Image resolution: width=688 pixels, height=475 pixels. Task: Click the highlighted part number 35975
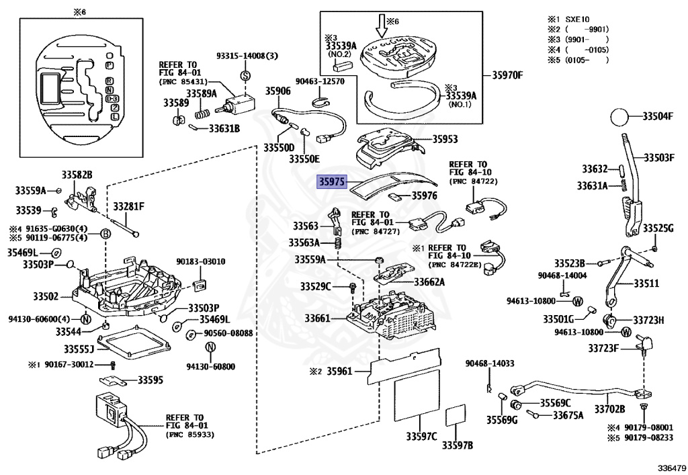[x=331, y=181]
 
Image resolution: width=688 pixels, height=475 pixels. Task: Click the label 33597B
[x=457, y=445]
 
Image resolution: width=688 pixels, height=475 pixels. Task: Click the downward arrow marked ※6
[x=382, y=25]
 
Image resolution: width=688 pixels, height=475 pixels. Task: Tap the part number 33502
[x=45, y=296]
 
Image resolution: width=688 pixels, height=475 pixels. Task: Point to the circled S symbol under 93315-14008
[x=245, y=74]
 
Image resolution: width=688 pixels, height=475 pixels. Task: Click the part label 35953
[x=445, y=140]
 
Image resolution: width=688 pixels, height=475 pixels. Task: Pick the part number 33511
[x=657, y=284]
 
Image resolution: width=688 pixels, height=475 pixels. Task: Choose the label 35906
[x=277, y=91]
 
